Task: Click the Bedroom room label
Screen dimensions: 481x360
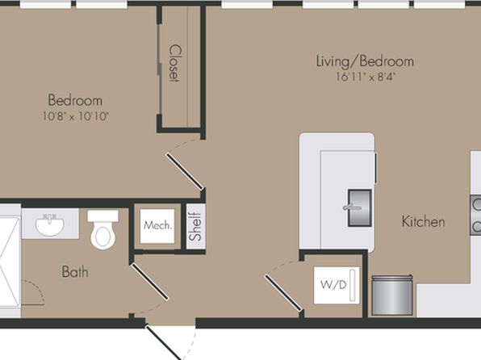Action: click(x=75, y=100)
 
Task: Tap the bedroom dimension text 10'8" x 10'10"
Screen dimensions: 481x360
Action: click(x=76, y=116)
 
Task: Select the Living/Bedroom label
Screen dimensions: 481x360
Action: click(x=365, y=61)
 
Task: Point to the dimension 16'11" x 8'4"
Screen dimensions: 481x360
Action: click(x=364, y=77)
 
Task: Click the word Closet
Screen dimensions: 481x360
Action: click(x=174, y=64)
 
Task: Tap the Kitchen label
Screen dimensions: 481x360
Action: click(x=424, y=222)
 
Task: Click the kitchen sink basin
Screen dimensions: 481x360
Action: click(x=359, y=207)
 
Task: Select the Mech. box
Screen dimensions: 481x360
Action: click(x=157, y=226)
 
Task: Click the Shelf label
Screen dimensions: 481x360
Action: click(x=195, y=227)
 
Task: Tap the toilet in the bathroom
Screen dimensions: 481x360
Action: click(x=103, y=229)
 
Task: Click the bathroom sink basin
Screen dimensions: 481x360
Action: click(x=50, y=224)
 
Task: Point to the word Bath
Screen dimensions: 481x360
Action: click(x=75, y=272)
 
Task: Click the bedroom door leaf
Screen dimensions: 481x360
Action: click(x=184, y=171)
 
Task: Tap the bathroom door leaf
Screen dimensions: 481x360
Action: click(x=149, y=282)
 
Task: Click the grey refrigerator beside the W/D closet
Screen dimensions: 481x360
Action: click(x=391, y=295)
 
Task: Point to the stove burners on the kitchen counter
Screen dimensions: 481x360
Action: click(x=476, y=216)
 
